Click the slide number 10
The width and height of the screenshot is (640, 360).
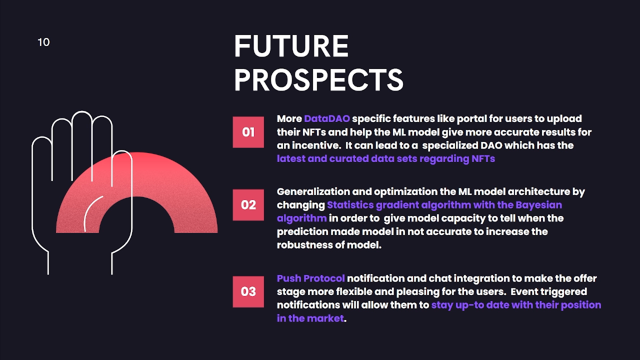(x=43, y=42)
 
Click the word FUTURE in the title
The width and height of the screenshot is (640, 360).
(x=291, y=46)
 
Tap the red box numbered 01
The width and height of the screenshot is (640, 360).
(x=248, y=132)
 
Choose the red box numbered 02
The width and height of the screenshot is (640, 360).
(x=248, y=205)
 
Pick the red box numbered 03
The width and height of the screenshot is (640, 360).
(x=248, y=291)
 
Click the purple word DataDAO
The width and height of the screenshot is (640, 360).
(x=327, y=118)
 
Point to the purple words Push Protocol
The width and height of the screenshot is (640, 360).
(x=311, y=278)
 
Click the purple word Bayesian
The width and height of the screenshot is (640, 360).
(x=538, y=205)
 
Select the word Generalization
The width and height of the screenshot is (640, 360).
(x=313, y=191)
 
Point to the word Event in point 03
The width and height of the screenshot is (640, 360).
(x=523, y=291)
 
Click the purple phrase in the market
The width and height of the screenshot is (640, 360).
(x=310, y=318)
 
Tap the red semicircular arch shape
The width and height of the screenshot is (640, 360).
(x=136, y=174)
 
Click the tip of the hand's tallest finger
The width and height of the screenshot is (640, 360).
(x=82, y=111)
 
